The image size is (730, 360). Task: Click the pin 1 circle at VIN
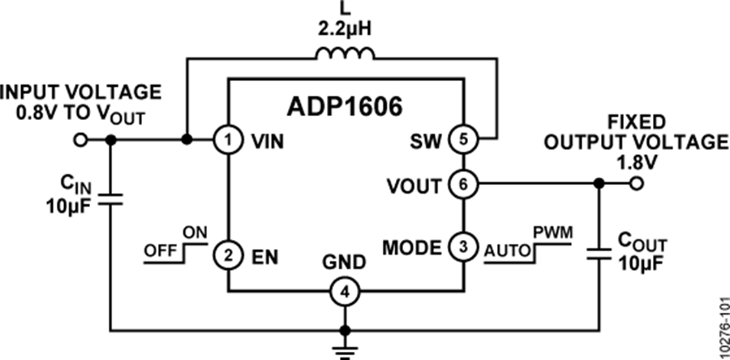pyautogui.click(x=229, y=140)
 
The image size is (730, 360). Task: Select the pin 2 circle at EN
pyautogui.click(x=229, y=255)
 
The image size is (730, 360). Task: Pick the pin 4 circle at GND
pyautogui.click(x=346, y=291)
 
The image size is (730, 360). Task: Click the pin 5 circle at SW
pyautogui.click(x=462, y=140)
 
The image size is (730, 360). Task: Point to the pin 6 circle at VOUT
pyautogui.click(x=462, y=184)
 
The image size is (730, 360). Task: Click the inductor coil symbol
pyautogui.click(x=345, y=55)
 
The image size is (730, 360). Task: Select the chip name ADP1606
pyautogui.click(x=345, y=108)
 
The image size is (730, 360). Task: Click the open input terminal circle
pyautogui.click(x=79, y=140)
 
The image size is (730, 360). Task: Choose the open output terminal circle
pyautogui.click(x=638, y=184)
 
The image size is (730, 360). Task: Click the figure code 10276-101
pyautogui.click(x=719, y=324)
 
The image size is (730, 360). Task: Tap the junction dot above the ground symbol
pyautogui.click(x=346, y=330)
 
